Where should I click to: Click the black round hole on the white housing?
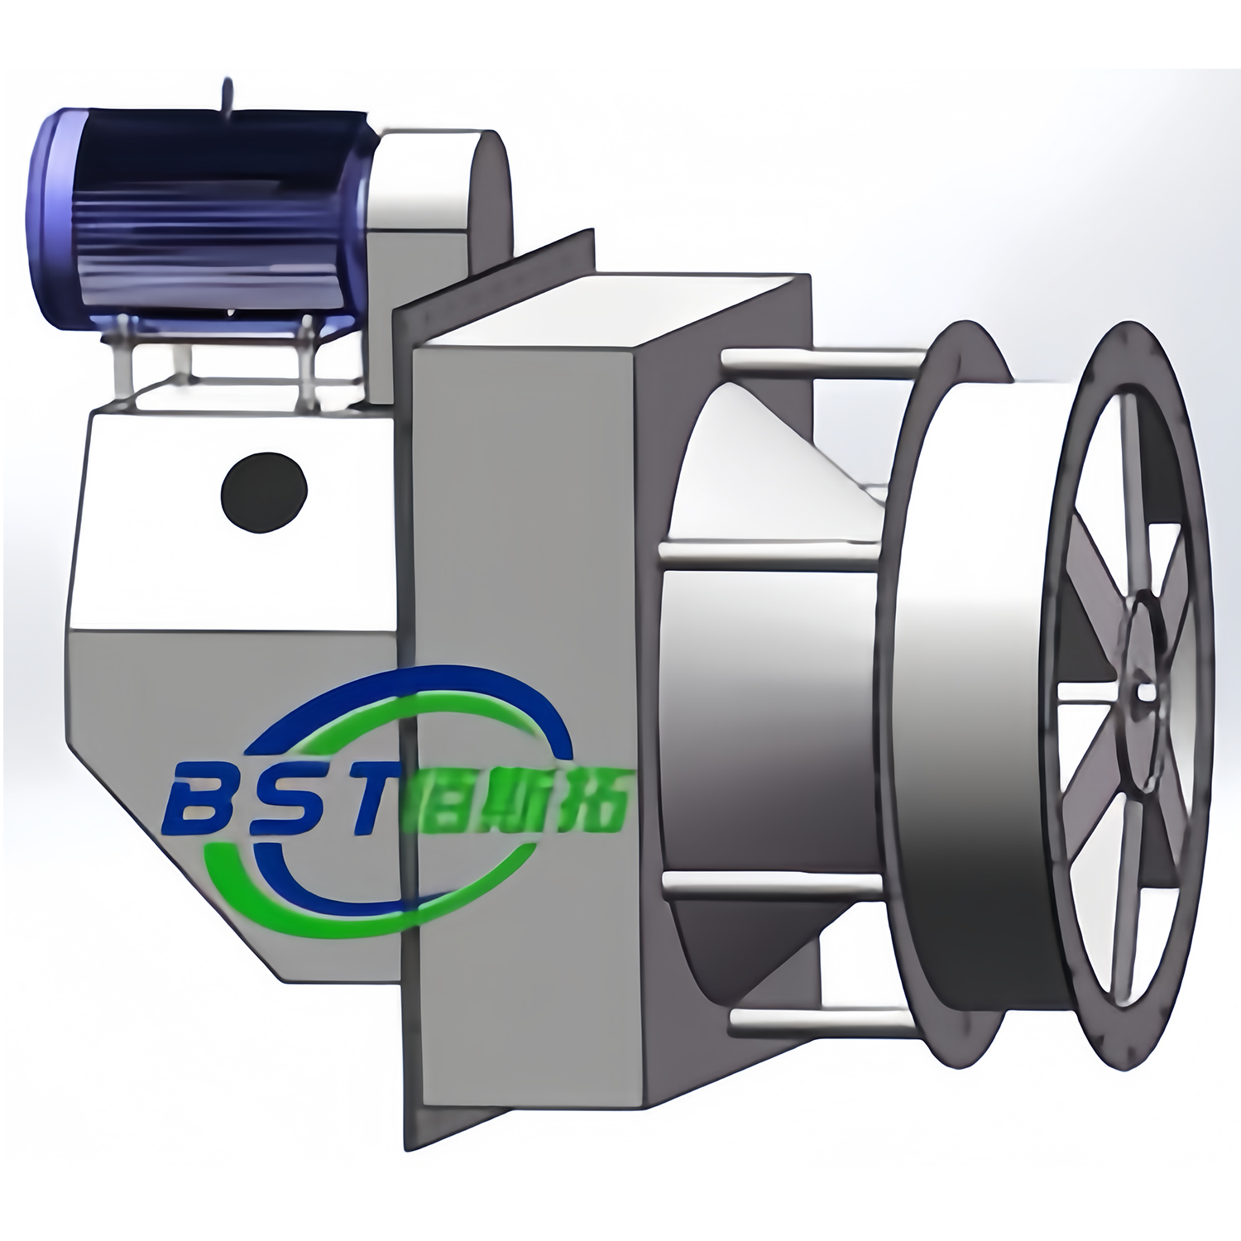coord(265,493)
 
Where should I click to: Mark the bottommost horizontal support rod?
coord(819,1022)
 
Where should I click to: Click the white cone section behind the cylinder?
coord(769,480)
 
